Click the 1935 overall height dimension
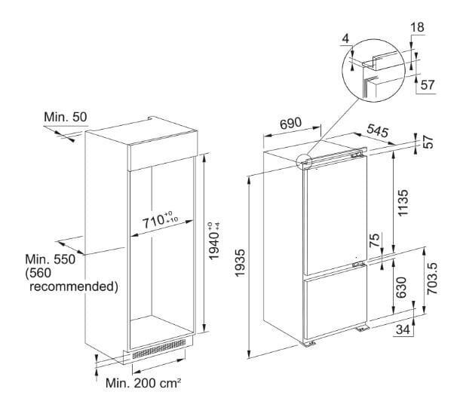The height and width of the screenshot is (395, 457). [x=240, y=263]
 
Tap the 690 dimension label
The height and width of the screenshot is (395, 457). [x=290, y=123]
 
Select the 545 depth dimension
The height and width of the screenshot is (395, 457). [x=377, y=130]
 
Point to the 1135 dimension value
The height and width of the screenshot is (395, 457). [x=403, y=203]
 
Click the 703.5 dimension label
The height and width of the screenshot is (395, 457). [x=432, y=278]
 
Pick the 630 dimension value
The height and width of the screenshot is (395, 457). [x=402, y=287]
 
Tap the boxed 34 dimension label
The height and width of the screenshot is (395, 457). [x=403, y=329]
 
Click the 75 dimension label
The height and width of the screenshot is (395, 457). [x=375, y=240]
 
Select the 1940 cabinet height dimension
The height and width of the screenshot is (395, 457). [x=214, y=241]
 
